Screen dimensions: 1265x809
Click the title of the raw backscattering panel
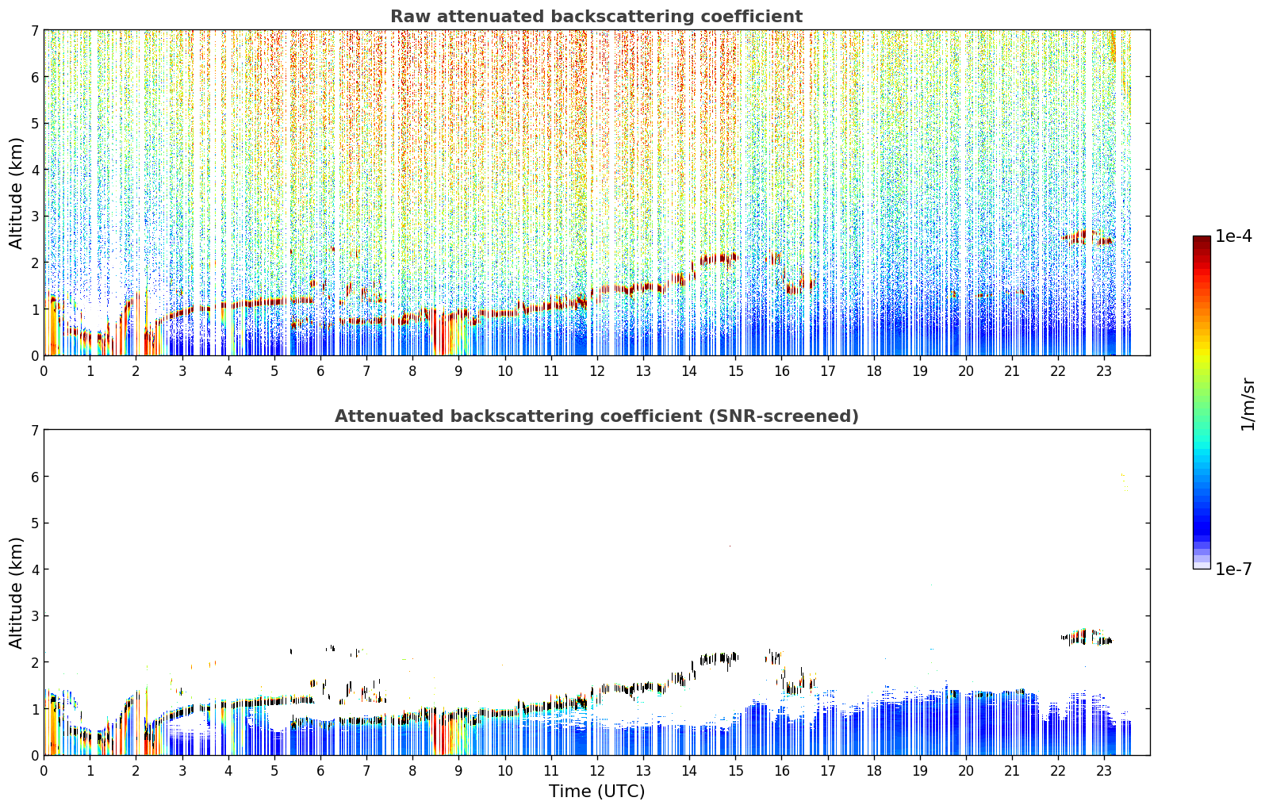[x=596, y=17]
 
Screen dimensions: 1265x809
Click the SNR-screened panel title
[x=596, y=416]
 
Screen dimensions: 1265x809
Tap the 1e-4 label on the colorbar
[x=1233, y=236]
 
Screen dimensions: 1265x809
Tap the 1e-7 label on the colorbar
[x=1233, y=569]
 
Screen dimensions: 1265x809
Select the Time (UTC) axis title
[x=596, y=792]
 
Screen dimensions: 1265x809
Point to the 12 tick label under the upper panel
[x=597, y=371]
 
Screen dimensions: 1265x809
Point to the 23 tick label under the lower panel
[x=1104, y=771]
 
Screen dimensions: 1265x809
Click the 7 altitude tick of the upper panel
[x=34, y=30]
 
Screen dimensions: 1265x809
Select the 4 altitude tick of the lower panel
[x=34, y=569]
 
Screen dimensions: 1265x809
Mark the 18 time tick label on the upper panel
[x=874, y=371]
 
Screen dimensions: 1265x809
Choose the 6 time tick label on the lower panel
[x=320, y=771]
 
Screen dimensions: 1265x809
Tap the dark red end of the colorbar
[x=1202, y=240]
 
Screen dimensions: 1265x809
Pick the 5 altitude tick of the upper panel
[x=34, y=123]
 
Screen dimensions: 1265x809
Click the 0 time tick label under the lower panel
[x=44, y=771]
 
